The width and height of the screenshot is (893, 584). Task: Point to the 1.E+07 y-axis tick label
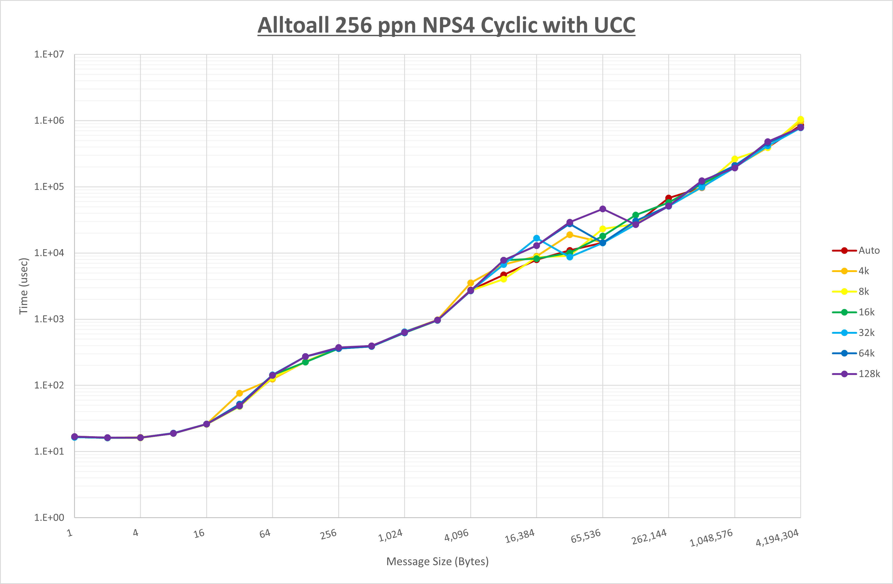[x=49, y=55]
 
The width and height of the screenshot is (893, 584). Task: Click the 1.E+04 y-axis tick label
[x=49, y=253]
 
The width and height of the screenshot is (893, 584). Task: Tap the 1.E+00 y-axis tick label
[x=49, y=518]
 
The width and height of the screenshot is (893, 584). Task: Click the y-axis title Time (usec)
[x=24, y=286]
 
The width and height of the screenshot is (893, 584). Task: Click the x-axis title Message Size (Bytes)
[x=437, y=561]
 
